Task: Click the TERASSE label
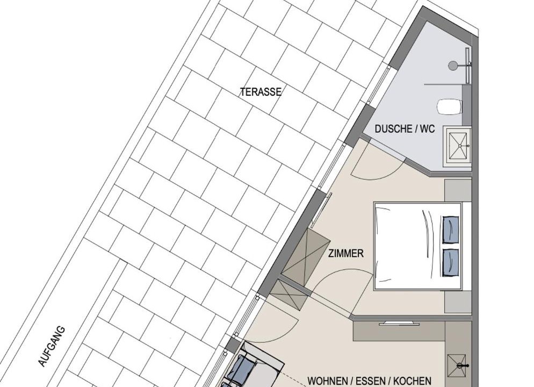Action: (x=261, y=92)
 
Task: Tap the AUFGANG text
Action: (x=52, y=347)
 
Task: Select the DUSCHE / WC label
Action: (x=405, y=129)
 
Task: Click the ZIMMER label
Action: (x=345, y=254)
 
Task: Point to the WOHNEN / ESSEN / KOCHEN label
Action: (x=369, y=381)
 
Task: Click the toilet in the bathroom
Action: (x=450, y=106)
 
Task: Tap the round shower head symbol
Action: (x=453, y=66)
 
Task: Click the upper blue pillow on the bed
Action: (x=450, y=230)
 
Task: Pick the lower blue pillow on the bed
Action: (x=450, y=262)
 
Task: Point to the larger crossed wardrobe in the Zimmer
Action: (x=306, y=255)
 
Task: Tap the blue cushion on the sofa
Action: (x=242, y=368)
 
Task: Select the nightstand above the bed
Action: (x=458, y=190)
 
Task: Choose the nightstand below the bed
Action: (x=458, y=302)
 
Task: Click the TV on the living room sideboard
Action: (x=399, y=323)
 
